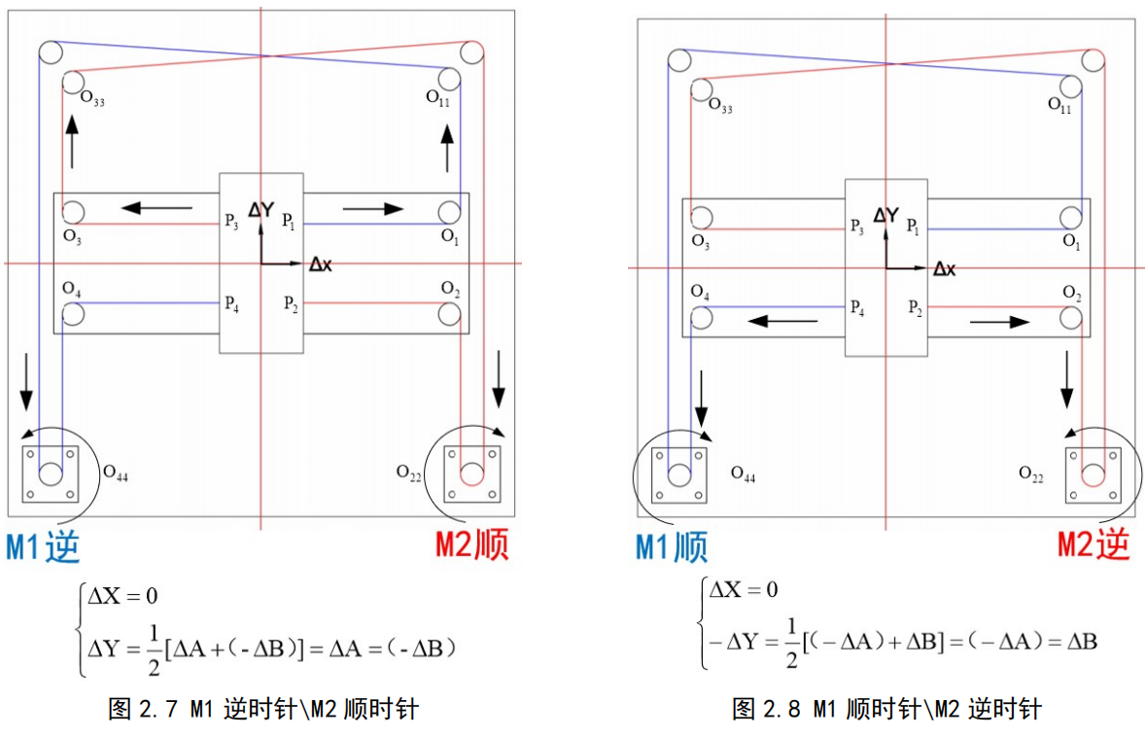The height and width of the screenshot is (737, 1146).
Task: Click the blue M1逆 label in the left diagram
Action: (43, 547)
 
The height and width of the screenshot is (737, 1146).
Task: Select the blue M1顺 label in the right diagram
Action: (672, 547)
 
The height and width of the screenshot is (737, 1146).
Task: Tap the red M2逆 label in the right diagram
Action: (1094, 546)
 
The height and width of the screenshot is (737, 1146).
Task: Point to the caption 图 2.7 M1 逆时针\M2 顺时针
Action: (262, 709)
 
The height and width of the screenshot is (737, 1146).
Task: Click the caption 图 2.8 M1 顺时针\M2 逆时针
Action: (886, 709)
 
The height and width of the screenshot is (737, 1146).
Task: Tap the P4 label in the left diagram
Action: (231, 303)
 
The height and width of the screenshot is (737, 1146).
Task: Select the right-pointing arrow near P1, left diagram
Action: (373, 207)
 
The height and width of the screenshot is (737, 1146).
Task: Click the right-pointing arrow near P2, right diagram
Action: (997, 318)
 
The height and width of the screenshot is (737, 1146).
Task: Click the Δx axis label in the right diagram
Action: (944, 268)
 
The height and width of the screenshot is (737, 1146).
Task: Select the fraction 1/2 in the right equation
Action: (791, 642)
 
